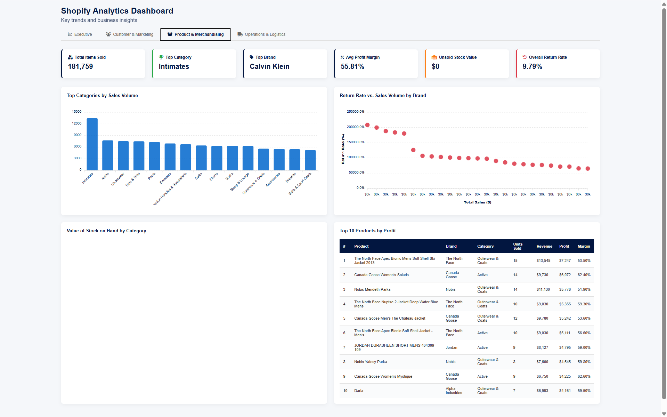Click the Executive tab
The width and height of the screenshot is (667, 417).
click(80, 34)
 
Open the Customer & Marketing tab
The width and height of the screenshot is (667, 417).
click(130, 34)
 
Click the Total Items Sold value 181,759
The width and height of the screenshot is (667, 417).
click(80, 66)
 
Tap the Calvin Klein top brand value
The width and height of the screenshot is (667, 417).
click(269, 66)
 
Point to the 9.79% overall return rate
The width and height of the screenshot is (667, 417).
click(532, 66)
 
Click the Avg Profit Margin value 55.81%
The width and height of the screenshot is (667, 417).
click(352, 66)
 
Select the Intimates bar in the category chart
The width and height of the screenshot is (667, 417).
click(92, 144)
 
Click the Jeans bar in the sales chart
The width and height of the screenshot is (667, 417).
click(108, 155)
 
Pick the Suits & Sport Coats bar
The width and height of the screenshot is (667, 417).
click(310, 160)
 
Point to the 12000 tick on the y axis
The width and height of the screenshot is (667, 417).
click(77, 123)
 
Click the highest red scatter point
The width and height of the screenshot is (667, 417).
click(367, 125)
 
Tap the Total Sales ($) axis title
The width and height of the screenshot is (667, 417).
click(477, 202)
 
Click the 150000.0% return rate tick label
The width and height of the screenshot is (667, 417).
click(356, 142)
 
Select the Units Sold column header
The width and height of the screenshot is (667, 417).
click(518, 246)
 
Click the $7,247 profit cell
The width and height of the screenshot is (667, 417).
click(565, 260)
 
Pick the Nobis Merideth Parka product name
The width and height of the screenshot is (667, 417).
click(372, 289)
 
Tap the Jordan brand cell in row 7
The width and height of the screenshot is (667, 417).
click(452, 347)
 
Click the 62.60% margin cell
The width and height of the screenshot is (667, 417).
click(584, 376)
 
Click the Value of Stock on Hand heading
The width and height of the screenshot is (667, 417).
click(106, 231)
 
